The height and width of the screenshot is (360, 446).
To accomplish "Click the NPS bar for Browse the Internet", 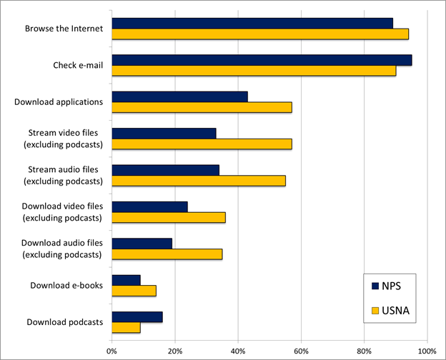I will click(x=252, y=23).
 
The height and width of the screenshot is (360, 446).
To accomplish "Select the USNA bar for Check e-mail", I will click(x=254, y=71).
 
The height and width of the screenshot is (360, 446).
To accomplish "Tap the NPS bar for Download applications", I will click(x=179, y=96).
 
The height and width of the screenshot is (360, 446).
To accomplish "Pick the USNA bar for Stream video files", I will click(x=202, y=144).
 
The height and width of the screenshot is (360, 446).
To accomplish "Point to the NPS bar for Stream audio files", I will click(x=165, y=170).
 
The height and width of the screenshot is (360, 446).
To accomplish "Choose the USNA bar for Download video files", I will click(x=169, y=218).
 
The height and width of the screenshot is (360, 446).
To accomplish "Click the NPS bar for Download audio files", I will click(x=142, y=244).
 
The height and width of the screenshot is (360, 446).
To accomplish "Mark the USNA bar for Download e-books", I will click(x=134, y=291).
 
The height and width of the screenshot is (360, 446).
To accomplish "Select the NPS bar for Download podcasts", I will click(x=137, y=317).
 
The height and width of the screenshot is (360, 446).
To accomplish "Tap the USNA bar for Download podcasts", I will click(x=126, y=328).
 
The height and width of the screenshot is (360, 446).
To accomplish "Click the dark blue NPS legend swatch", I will click(x=375, y=286).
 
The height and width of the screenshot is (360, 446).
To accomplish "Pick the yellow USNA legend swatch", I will click(x=375, y=311).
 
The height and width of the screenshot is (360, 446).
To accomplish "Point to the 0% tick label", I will click(x=111, y=351).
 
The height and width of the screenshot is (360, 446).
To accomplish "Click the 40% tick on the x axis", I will click(x=238, y=351).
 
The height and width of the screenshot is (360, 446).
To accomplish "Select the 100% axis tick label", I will click(x=427, y=351).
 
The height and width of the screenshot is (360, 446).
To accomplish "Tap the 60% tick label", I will click(x=301, y=351).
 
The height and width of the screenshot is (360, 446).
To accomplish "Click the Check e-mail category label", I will click(x=78, y=66).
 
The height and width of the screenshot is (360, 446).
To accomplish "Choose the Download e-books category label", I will click(x=66, y=286).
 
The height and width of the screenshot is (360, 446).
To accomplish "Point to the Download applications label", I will click(x=59, y=102).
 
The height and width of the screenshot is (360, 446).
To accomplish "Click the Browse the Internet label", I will click(x=64, y=29).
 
